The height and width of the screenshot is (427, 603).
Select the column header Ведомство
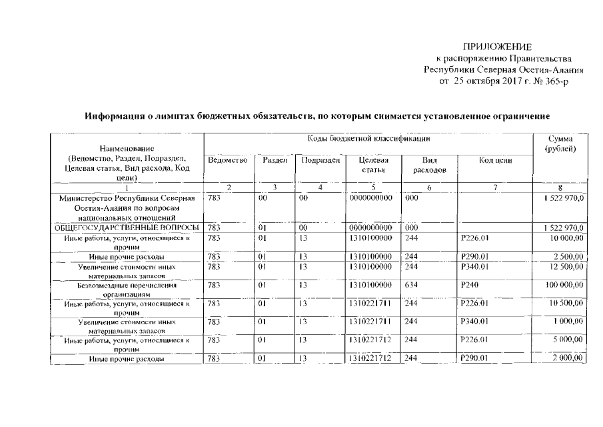coord(227,161)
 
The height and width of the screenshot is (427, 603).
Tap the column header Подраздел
coord(320,161)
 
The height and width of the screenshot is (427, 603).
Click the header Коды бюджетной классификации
coord(368,138)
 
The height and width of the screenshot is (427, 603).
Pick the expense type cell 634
coord(411,285)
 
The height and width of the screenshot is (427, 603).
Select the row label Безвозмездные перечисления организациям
coord(127,290)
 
